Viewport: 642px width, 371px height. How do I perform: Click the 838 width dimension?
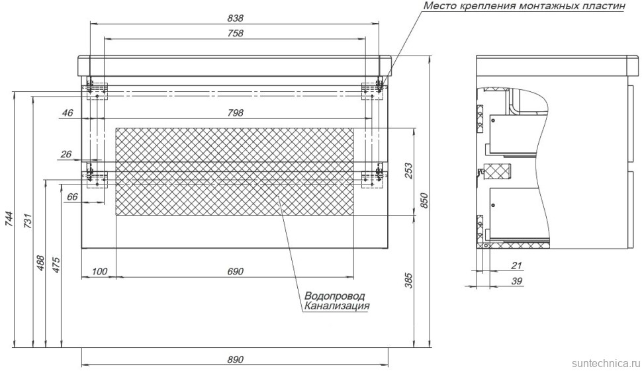pyautogui.click(x=235, y=18)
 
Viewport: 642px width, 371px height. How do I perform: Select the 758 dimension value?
pyautogui.click(x=235, y=33)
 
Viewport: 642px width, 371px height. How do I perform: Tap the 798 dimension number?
pyautogui.click(x=235, y=113)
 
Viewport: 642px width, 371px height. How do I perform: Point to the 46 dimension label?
pyautogui.click(x=67, y=113)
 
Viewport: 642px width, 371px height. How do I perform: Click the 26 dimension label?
pyautogui.click(x=66, y=155)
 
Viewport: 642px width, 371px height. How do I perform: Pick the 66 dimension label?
pyautogui.click(x=73, y=196)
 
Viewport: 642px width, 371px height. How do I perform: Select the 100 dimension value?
pyautogui.click(x=99, y=272)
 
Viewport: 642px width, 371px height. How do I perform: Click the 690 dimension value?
pyautogui.click(x=235, y=272)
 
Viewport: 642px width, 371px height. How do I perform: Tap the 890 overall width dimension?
pyautogui.click(x=235, y=359)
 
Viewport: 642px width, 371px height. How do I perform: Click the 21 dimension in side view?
pyautogui.click(x=517, y=267)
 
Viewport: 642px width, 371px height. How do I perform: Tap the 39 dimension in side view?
pyautogui.click(x=517, y=282)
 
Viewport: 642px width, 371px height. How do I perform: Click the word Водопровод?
pyautogui.click(x=335, y=296)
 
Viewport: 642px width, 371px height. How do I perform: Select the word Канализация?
pyautogui.click(x=337, y=306)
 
